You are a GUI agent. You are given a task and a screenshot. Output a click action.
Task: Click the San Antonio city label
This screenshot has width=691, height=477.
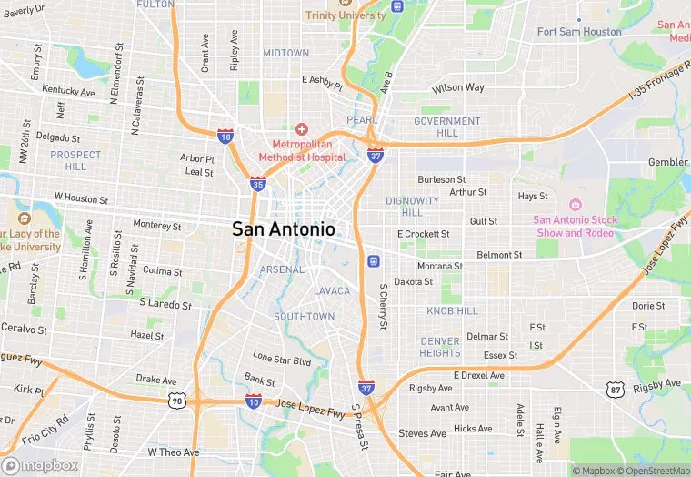284,229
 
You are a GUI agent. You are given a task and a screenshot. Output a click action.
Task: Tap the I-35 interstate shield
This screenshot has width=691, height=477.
258,184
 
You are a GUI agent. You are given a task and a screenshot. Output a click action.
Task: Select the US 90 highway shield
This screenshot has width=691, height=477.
177,400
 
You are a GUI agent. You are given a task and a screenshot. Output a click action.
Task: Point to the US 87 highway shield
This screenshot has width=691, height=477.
615,389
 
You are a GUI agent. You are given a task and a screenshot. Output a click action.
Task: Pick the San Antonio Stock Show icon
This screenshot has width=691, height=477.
575,205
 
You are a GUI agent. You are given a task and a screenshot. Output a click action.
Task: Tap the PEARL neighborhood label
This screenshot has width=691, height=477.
361,120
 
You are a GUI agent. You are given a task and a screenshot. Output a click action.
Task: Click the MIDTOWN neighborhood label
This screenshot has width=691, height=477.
286,54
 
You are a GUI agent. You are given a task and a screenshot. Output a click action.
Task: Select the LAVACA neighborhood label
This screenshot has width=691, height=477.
332,290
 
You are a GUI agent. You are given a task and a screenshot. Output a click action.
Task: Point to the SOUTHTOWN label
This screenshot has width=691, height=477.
305,317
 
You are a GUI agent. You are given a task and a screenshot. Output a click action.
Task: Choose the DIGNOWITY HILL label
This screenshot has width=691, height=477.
412,207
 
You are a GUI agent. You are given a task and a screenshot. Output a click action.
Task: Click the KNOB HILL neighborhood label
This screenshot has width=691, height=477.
452,311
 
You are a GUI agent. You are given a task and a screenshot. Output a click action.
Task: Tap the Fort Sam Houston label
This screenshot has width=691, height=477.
579,32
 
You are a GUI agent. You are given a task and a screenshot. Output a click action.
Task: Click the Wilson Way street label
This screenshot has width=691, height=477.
458,88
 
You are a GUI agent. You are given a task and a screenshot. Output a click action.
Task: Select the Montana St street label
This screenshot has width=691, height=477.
440,266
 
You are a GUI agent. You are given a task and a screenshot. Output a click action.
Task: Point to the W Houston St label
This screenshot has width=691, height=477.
81,197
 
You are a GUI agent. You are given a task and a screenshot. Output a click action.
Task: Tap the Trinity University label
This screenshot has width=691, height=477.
345,15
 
